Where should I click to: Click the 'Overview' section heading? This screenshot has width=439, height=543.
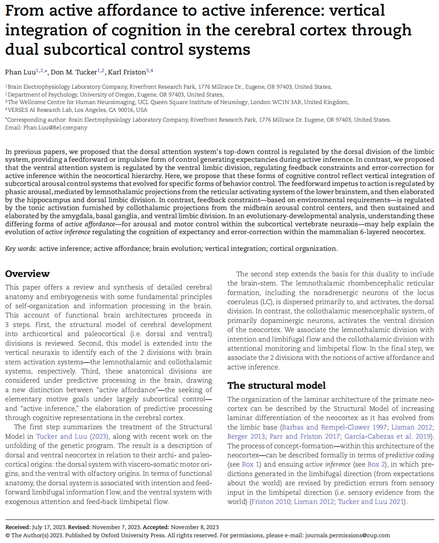(27, 274)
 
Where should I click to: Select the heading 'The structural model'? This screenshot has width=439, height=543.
(276, 385)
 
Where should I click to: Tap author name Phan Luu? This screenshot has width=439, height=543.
(20, 72)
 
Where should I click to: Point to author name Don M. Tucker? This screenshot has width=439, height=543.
(74, 72)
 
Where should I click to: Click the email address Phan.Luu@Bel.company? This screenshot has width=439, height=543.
(55, 128)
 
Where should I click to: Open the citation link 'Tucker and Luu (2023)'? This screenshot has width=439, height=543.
(72, 437)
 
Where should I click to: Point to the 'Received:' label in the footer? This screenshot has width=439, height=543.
(17, 527)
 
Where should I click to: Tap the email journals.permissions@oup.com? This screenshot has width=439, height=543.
(348, 535)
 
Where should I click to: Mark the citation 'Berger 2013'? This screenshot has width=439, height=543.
(246, 437)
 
